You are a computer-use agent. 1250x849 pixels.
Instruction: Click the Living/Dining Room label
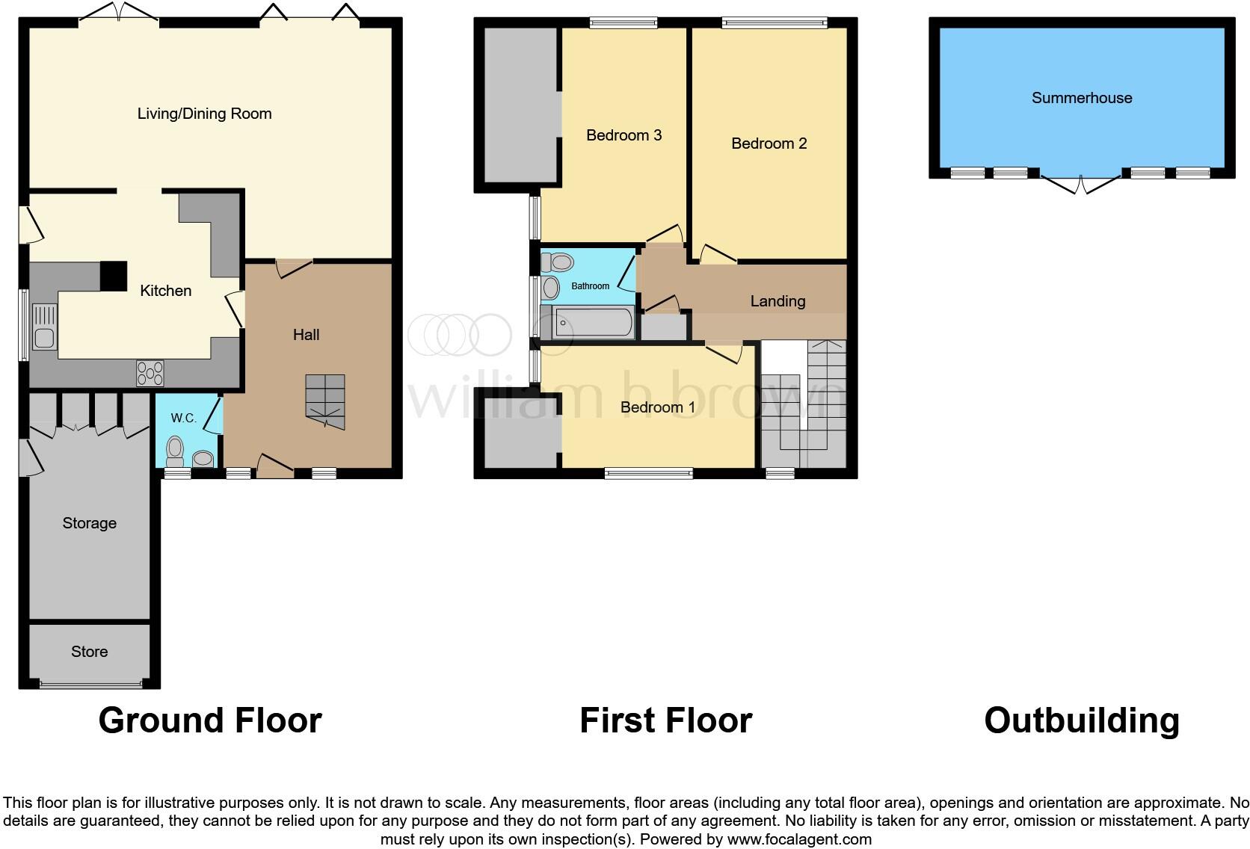click(x=204, y=114)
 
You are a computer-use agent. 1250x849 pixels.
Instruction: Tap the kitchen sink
click(x=44, y=329)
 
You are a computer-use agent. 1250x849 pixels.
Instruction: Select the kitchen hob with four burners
click(x=150, y=373)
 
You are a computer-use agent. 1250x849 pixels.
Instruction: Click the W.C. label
click(x=183, y=418)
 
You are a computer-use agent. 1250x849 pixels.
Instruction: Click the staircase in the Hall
click(x=325, y=402)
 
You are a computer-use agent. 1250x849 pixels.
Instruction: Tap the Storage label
click(x=89, y=523)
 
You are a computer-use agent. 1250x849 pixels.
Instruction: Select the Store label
click(x=89, y=652)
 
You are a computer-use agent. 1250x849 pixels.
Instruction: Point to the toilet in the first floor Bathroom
click(x=558, y=262)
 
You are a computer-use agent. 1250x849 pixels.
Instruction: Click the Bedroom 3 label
click(x=624, y=135)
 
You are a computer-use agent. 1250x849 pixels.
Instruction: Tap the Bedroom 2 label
click(x=769, y=143)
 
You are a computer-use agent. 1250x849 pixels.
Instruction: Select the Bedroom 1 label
click(x=657, y=407)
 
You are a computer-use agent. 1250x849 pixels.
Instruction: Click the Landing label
click(x=778, y=301)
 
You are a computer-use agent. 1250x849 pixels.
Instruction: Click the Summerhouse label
click(x=1081, y=98)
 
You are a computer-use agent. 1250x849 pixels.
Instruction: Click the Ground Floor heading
click(x=210, y=720)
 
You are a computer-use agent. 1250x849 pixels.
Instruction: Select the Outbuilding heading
click(x=1081, y=720)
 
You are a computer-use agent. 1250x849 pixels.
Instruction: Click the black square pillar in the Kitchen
click(x=114, y=275)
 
